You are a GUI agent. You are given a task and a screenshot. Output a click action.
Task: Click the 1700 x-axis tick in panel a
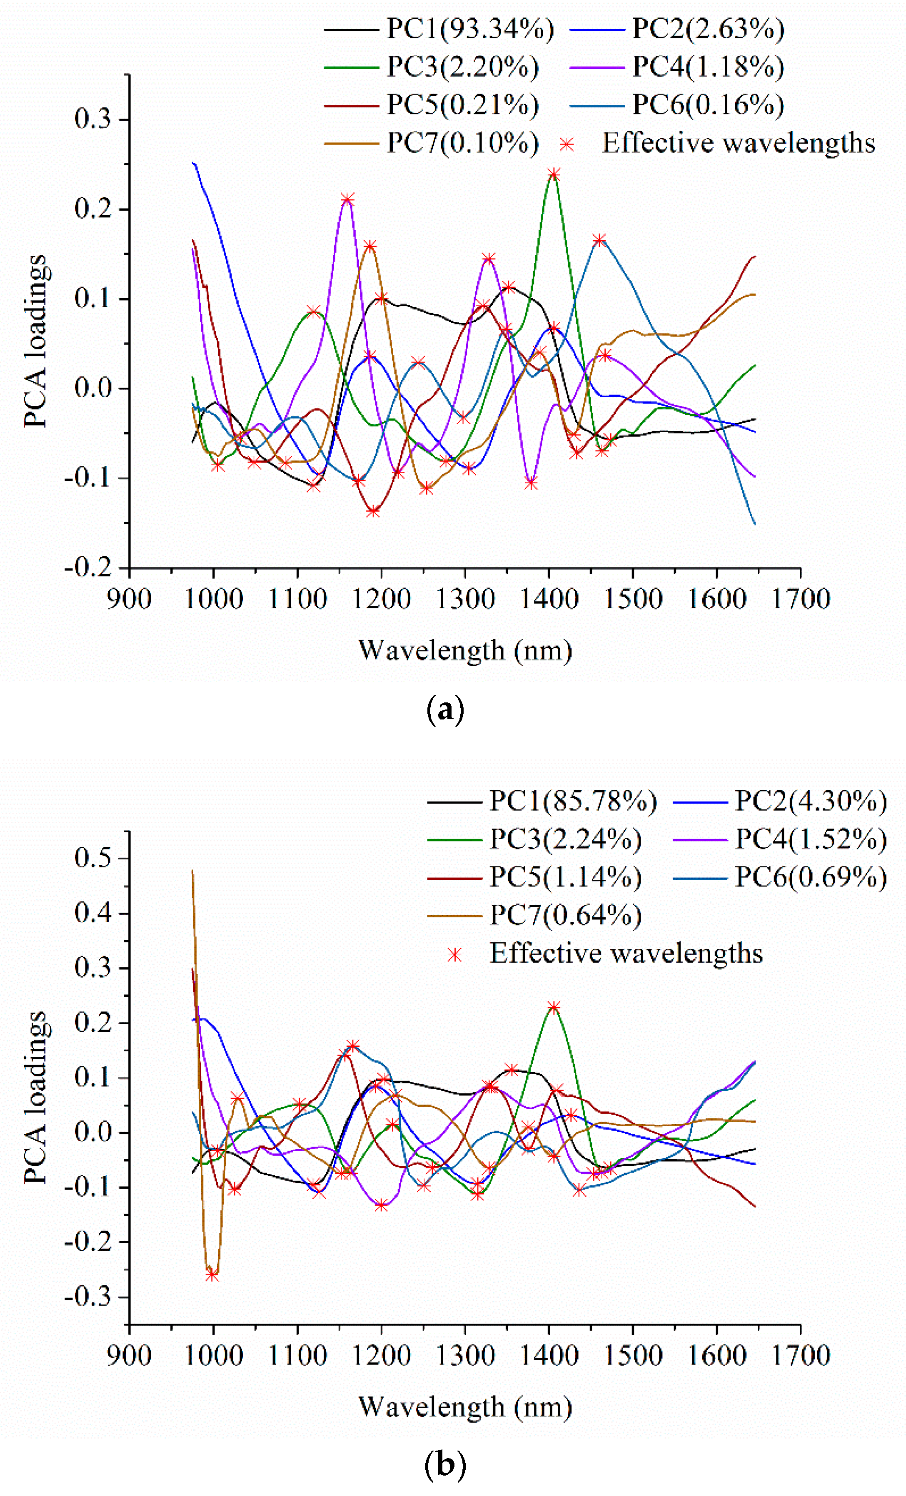[800, 599]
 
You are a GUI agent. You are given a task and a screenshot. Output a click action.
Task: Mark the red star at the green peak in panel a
[553, 175]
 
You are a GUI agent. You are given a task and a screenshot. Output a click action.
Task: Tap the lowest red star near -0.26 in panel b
[212, 1276]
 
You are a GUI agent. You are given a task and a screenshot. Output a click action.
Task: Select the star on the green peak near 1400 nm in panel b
[553, 1007]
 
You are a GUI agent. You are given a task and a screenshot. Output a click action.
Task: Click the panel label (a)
[445, 709]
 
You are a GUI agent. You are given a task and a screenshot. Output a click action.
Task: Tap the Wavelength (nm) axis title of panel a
[465, 650]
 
